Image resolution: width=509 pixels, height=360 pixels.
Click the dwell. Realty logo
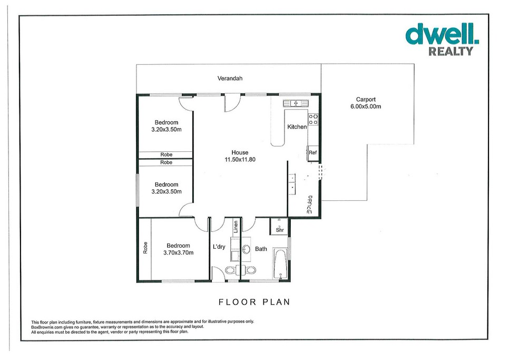click(x=442, y=40)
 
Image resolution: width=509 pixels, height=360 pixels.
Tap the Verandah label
click(x=230, y=78)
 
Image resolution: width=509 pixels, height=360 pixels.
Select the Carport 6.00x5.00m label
click(x=366, y=103)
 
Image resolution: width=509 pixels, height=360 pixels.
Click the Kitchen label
click(x=297, y=127)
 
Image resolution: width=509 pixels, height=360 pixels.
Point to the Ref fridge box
click(x=312, y=153)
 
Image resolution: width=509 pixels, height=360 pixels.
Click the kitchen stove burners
click(x=314, y=119)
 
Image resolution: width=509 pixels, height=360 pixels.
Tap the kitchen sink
click(x=296, y=103)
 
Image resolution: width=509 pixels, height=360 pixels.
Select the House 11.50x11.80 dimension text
click(x=240, y=156)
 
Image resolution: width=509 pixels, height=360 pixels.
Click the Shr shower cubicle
click(x=279, y=226)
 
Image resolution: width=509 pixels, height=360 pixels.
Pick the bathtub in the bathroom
click(x=280, y=264)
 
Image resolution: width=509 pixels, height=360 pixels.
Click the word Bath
click(x=261, y=249)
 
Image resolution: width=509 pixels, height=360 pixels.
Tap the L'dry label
click(x=219, y=247)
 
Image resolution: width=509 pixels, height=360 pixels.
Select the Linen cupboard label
click(x=236, y=227)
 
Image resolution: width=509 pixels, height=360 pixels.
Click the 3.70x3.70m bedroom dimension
click(x=178, y=252)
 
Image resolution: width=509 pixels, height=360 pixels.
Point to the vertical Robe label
click(x=145, y=248)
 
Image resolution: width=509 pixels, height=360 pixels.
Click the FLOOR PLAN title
click(x=254, y=302)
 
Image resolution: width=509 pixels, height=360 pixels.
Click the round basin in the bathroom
click(x=247, y=249)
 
